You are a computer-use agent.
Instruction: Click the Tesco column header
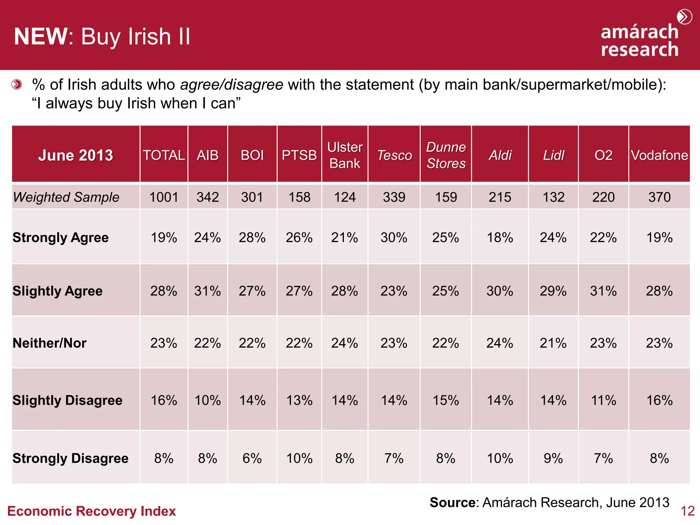394,156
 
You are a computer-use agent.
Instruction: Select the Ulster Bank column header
345,155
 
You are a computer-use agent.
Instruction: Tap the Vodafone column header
659,156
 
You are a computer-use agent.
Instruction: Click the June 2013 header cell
76,156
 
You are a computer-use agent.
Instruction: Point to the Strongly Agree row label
60,238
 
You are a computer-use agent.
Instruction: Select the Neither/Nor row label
50,343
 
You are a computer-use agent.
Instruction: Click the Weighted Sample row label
66,197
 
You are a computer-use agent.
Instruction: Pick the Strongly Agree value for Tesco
394,238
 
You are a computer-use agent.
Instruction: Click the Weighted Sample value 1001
164,197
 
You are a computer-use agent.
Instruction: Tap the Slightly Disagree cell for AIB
207,400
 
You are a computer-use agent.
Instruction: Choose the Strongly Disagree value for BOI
252,458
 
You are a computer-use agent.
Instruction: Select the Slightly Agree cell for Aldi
500,291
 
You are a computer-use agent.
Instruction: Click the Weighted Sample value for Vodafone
659,197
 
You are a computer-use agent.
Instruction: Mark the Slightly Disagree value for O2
603,400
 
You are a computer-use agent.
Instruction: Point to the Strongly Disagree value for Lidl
553,458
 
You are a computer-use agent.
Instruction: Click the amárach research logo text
640,41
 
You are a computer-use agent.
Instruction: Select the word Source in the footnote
452,502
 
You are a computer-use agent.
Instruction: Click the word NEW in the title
41,36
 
